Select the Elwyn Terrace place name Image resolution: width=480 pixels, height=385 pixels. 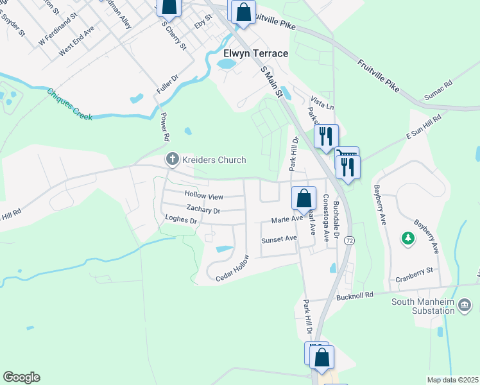(255, 53)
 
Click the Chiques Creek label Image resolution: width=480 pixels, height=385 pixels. (69, 104)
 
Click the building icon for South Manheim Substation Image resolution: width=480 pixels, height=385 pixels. (466, 311)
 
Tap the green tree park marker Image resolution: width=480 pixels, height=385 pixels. (407, 239)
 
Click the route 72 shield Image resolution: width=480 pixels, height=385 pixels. (349, 240)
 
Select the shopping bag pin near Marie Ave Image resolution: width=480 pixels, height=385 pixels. (304, 199)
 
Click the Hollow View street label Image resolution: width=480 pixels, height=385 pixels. (203, 195)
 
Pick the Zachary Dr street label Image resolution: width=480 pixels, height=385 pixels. (203, 210)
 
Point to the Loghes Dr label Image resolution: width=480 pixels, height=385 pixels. (180, 221)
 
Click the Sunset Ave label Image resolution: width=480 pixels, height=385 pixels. (279, 239)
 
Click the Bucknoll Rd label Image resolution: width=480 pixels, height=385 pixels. (355, 298)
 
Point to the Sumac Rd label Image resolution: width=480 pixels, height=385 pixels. (438, 90)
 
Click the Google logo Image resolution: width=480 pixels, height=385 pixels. (21, 377)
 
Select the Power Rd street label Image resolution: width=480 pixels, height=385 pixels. (165, 128)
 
